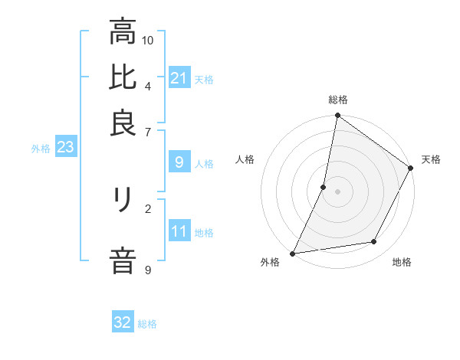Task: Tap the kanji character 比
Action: point(123,77)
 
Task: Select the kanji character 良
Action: point(123,123)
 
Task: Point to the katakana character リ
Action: point(123,201)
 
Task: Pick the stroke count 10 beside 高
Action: point(148,40)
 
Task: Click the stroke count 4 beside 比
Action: point(148,85)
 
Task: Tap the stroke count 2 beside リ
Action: point(148,208)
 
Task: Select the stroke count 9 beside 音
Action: point(148,269)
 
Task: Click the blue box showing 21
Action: point(179,78)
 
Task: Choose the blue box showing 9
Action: point(179,162)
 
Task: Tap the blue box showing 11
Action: point(179,231)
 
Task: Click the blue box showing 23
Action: point(65,148)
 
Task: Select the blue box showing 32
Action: point(123,322)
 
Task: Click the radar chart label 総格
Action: point(338,100)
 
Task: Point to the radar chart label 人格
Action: point(245,159)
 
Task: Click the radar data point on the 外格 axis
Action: point(293,253)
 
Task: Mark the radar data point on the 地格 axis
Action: point(374,242)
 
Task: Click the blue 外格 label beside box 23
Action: point(40,149)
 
